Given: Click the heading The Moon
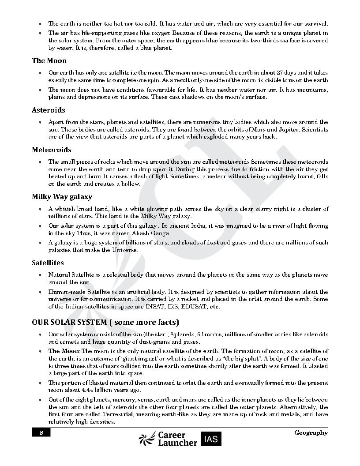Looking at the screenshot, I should click(x=49, y=61).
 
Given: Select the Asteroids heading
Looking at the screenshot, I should click(x=48, y=110).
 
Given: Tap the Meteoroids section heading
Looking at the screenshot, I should click(x=51, y=150).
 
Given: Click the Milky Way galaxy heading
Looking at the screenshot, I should click(x=62, y=197).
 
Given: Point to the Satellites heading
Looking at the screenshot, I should click(x=48, y=263).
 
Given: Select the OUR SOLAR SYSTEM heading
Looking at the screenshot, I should click(x=105, y=322).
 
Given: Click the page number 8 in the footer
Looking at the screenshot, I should click(x=41, y=432).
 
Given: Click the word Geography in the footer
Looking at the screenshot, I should click(x=311, y=432).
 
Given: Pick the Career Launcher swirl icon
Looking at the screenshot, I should click(x=146, y=438).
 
